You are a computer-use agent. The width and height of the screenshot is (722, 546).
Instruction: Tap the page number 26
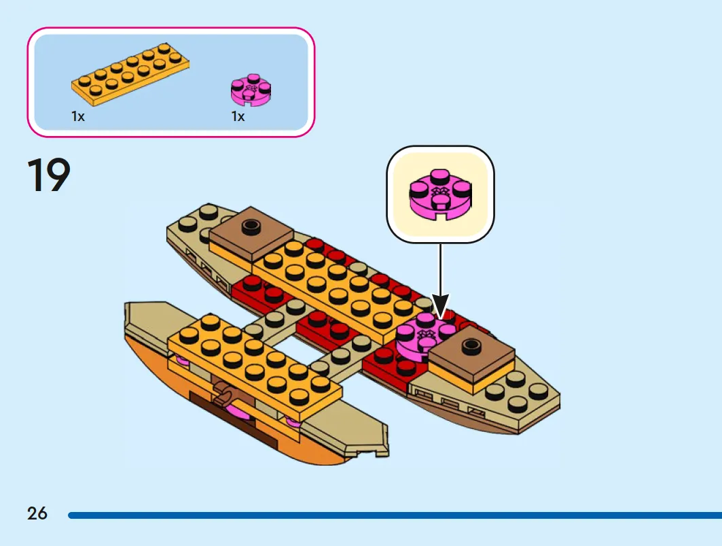coord(37,513)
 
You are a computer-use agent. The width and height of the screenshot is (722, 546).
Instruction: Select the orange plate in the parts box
coord(130,75)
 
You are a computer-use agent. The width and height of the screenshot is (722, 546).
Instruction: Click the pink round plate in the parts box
coord(251,89)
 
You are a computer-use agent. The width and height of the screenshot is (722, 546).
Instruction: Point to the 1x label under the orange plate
coord(78,116)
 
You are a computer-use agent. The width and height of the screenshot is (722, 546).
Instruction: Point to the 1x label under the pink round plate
coord(238,116)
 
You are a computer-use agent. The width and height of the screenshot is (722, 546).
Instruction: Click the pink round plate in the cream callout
coord(440,194)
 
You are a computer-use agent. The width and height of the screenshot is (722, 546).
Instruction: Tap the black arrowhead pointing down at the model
coord(440,307)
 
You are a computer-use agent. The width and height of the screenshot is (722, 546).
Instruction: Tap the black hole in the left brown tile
coord(251,225)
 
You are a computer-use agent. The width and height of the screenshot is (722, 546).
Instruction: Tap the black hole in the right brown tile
coord(470,344)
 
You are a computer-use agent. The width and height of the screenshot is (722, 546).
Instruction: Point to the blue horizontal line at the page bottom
coord(395,515)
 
